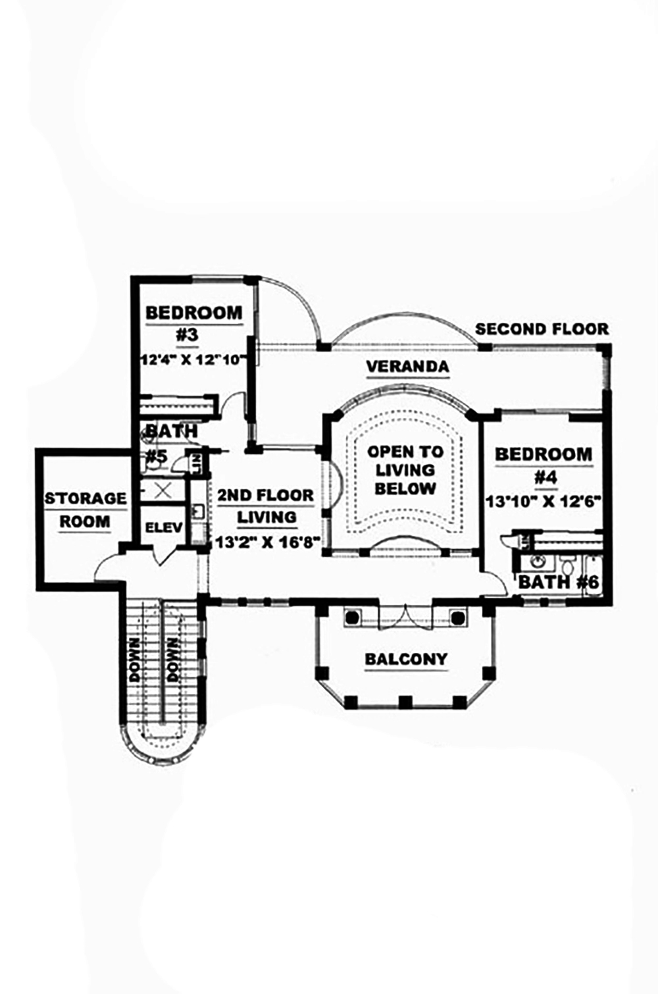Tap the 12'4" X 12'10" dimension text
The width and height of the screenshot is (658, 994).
point(193,359)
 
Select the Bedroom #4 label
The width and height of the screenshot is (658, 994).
point(544,464)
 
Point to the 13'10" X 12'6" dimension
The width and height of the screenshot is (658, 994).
point(544,500)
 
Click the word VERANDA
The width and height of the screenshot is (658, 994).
point(407,367)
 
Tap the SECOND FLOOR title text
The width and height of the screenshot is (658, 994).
point(542,328)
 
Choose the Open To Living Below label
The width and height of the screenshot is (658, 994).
point(405,470)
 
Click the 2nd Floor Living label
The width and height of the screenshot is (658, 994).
point(266,506)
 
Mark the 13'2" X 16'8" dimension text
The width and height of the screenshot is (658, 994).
point(266,542)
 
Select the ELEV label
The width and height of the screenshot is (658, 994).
point(163,527)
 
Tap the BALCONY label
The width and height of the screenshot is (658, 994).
point(406,659)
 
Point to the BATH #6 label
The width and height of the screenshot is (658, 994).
point(558,583)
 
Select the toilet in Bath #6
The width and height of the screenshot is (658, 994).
point(569,565)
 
